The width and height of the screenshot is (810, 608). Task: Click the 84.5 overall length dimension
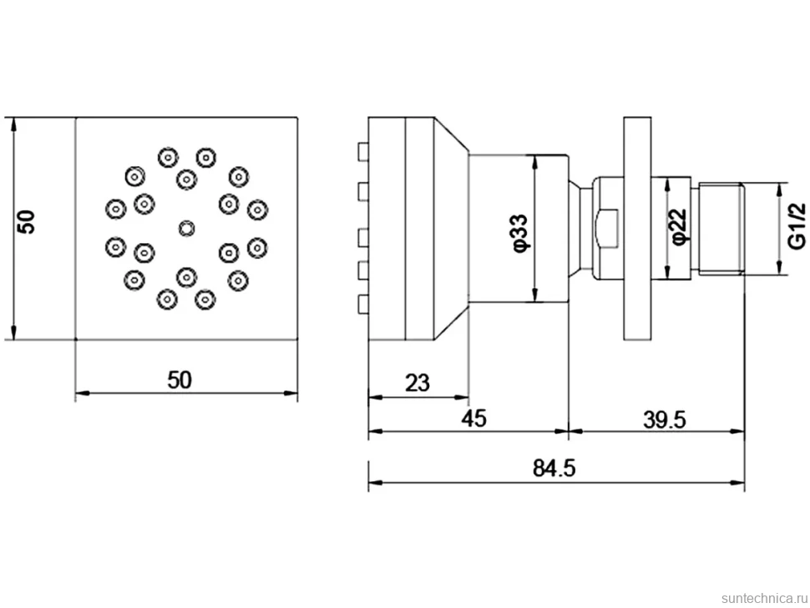pos(554,469)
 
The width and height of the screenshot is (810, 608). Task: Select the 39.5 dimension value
pos(665,420)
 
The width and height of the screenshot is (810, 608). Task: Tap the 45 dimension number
pos(474,418)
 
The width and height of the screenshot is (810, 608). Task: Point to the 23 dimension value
pos(418,383)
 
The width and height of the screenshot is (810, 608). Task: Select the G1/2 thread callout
pos(797,225)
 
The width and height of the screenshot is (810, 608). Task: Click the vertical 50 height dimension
pos(27,221)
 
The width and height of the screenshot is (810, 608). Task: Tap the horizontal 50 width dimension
pos(180,380)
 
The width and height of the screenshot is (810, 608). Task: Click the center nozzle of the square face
pos(186,228)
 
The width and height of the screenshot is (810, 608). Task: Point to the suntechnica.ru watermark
pos(764,598)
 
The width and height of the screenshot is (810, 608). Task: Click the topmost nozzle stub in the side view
pos(362,151)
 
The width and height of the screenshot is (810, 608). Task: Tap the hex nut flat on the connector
pos(606,228)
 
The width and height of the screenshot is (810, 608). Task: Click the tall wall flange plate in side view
pos(637,228)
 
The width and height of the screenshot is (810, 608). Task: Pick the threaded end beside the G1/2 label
pos(721,228)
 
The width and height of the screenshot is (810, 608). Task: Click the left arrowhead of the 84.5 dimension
pos(375,483)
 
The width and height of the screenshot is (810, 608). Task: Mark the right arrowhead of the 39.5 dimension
pos(738,431)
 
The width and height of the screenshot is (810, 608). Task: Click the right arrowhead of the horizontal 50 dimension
pos(291,393)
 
